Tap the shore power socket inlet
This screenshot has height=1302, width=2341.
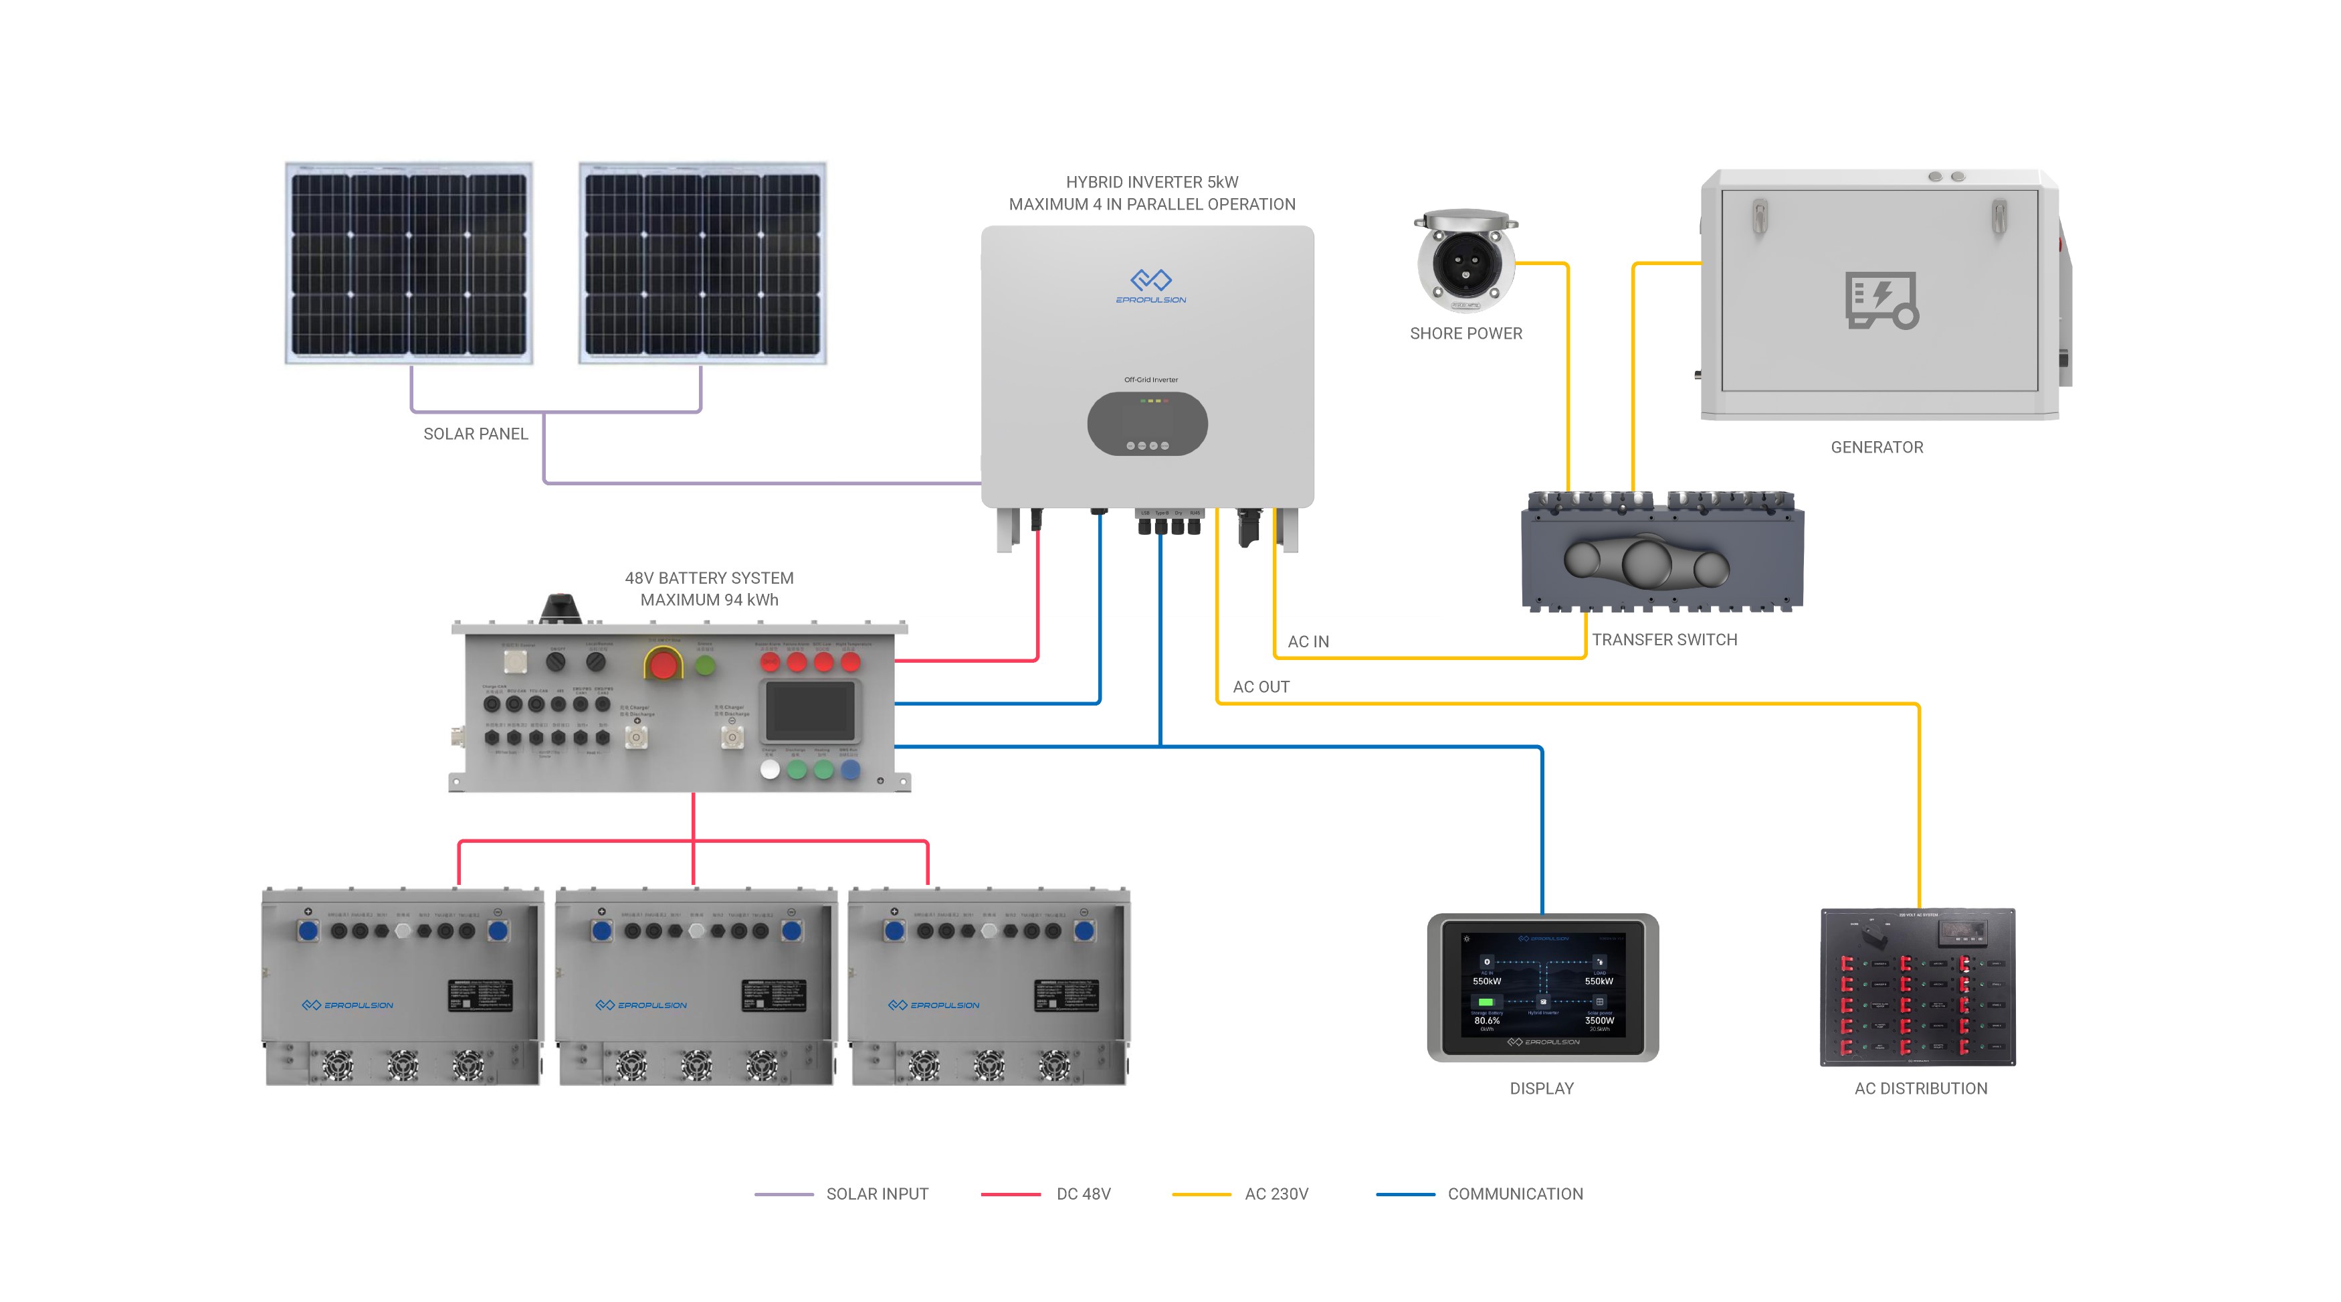coord(1465,264)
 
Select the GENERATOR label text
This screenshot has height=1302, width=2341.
coord(1877,447)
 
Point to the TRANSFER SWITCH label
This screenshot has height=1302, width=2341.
coord(1664,640)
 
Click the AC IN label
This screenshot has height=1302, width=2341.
coord(1308,642)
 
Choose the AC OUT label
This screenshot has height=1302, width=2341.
coord(1261,687)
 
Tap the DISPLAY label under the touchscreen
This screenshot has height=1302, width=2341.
coord(1541,1088)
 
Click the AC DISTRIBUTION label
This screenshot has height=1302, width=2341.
coord(1920,1088)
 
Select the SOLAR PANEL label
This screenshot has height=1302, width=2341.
coord(476,434)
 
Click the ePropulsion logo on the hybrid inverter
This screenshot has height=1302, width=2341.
coord(1150,285)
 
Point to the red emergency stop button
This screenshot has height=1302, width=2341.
coord(664,665)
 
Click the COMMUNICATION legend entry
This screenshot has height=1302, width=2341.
coord(1514,1194)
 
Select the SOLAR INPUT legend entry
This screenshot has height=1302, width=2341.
coord(876,1194)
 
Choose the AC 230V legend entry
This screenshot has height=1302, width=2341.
coord(1276,1194)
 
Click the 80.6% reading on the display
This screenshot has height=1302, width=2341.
coord(1487,1021)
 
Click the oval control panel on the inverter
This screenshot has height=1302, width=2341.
coord(1147,424)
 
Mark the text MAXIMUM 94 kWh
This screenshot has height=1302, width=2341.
coord(709,600)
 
